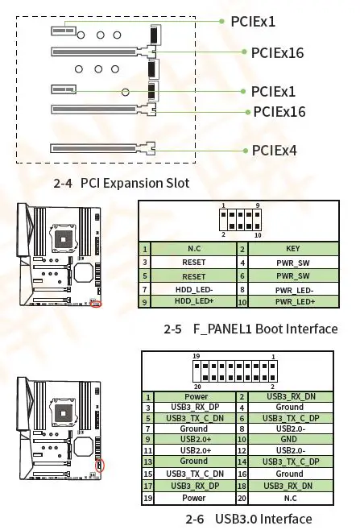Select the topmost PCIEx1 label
coord(253,22)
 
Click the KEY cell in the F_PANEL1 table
coord(292,250)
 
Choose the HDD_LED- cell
coord(194,288)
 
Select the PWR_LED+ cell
coord(292,301)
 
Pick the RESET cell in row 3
coord(194,263)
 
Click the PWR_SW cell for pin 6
coord(292,275)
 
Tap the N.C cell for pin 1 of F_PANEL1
coord(194,250)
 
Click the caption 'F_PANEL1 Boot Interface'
coord(250,329)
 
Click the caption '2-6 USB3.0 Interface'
coord(248,518)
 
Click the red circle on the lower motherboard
coord(101,464)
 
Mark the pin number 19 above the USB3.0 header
coord(196,356)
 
